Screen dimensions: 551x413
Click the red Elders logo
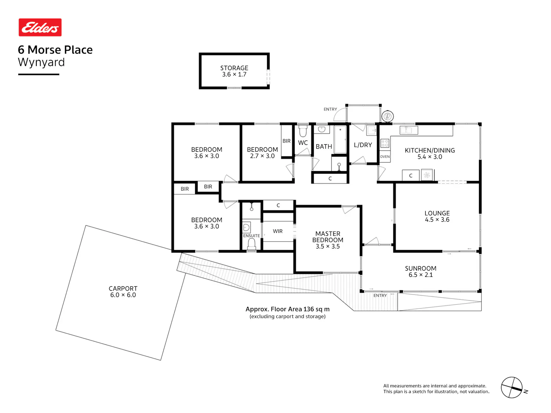coord(40,27)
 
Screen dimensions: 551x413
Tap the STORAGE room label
coord(234,68)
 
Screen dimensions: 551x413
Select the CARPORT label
coord(123,289)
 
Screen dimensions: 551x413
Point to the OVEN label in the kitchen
coord(385,157)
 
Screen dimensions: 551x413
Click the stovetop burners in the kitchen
coord(385,144)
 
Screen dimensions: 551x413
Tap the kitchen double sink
coord(409,130)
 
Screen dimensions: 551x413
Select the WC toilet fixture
coord(303,131)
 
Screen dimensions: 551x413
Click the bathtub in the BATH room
coord(340,140)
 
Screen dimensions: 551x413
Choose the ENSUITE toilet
coord(251,244)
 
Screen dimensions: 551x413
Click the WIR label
coord(278,231)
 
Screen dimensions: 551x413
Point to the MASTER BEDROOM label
coord(328,237)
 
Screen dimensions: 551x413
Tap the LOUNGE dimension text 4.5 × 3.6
coord(437,220)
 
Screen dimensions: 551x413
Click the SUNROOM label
coord(421,268)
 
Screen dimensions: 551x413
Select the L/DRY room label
coord(363,145)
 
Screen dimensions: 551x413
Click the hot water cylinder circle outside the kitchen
coord(387,116)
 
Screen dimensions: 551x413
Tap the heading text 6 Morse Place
coord(55,50)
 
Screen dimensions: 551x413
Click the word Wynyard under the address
coord(42,62)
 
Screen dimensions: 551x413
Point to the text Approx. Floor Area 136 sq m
coord(287,309)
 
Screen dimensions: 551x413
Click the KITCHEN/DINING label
coord(429,150)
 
